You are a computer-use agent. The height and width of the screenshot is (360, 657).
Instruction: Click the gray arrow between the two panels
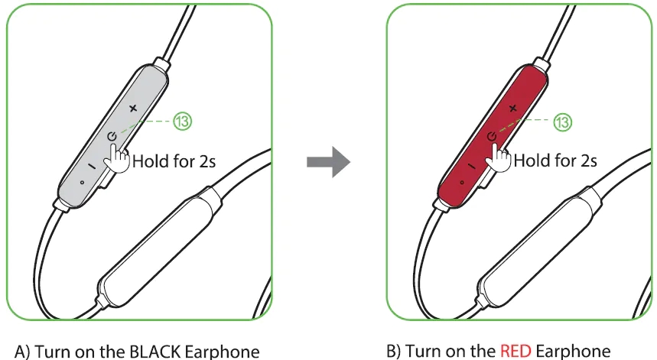tap(328, 163)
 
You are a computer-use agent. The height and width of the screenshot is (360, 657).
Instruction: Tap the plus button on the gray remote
tap(133, 109)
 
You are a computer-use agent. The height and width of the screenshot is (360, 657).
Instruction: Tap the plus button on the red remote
tap(512, 109)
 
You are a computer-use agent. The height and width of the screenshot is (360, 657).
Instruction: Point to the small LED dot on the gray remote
tap(81, 182)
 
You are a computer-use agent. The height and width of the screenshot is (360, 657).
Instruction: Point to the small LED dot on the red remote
tap(461, 182)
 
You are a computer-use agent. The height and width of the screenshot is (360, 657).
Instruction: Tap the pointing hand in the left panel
tap(118, 156)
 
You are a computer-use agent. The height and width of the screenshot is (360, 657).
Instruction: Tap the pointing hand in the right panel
tap(498, 156)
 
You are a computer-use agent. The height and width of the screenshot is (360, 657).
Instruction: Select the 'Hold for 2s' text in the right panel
tap(555, 161)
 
